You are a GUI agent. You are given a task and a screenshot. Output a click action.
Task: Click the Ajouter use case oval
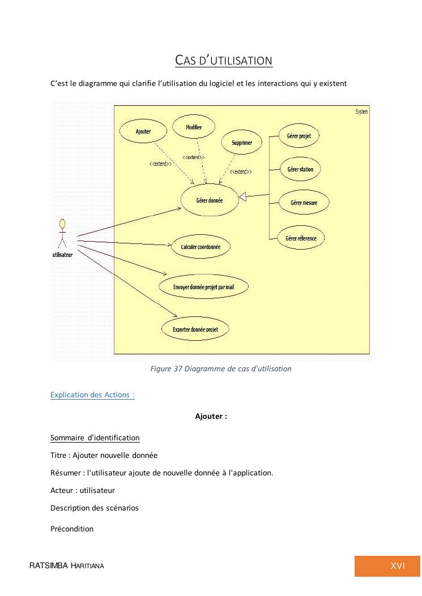coord(143,131)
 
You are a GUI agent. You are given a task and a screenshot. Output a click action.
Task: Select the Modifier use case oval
coord(194,127)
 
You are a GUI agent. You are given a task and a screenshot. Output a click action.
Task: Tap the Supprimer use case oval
coord(242,143)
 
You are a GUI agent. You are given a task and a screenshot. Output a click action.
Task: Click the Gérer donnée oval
coord(210,200)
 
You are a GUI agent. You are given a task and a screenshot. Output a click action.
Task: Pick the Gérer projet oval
coord(299,136)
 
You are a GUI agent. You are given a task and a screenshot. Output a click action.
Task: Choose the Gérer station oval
coord(300,169)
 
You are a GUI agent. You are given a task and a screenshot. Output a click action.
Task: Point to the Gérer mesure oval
coord(304,203)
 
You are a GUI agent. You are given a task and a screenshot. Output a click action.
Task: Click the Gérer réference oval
coord(301,238)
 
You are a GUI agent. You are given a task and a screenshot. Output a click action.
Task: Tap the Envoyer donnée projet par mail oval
coord(203,288)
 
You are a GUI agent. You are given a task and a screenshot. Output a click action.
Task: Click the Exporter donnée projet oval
coord(195,329)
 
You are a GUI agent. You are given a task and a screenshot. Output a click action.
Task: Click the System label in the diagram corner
coord(361,112)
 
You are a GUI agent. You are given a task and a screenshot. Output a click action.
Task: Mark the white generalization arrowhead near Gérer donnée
coord(243,197)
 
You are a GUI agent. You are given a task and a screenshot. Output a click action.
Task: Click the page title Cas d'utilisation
coord(224,61)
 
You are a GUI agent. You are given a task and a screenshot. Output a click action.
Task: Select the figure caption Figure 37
coord(221,368)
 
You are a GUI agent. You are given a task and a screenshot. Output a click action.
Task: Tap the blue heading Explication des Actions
coord(92,395)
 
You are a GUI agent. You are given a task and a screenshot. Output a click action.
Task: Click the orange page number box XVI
coord(387,566)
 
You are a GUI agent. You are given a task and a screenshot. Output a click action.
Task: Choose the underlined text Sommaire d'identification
coord(95,438)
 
